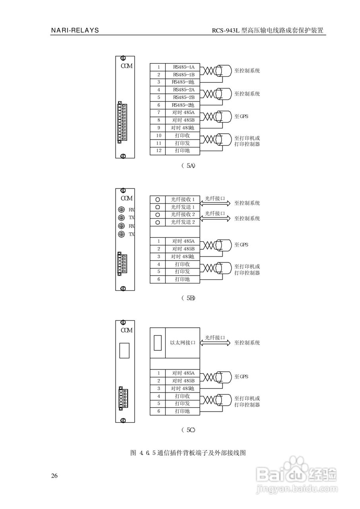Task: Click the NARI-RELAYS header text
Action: [75, 31]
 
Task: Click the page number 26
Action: [54, 476]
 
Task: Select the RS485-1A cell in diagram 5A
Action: [183, 67]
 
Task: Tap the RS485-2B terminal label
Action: [183, 97]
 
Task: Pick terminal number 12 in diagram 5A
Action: [158, 151]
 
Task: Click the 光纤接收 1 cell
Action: [183, 199]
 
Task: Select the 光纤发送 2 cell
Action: [183, 222]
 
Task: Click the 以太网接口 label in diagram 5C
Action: [183, 342]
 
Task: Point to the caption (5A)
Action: [188, 166]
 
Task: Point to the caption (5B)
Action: [188, 298]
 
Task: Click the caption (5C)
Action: [188, 430]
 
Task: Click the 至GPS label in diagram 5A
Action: [241, 117]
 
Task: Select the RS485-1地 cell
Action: [183, 82]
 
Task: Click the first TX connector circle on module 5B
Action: [122, 218]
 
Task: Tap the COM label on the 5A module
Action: [126, 66]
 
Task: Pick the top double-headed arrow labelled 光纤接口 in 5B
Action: [215, 203]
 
